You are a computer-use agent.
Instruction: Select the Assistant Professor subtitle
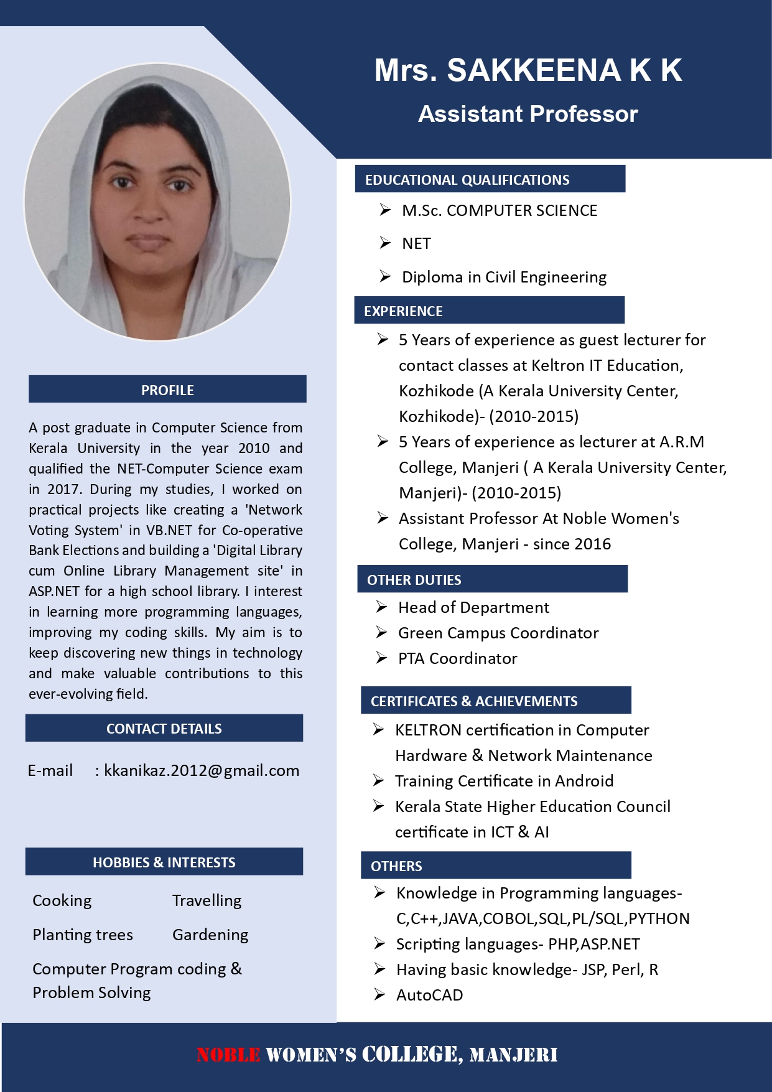[528, 114]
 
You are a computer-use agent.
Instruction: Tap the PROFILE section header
[167, 390]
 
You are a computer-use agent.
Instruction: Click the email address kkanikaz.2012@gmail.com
[202, 771]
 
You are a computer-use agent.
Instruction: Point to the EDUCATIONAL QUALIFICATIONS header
[467, 180]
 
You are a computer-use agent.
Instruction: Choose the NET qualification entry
[416, 244]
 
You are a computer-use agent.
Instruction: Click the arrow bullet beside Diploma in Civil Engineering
[385, 276]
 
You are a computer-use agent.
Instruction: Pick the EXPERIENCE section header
[403, 311]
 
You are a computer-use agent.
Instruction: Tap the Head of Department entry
[473, 607]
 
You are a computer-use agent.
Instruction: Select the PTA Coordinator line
[457, 658]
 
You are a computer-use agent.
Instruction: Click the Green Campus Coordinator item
[498, 633]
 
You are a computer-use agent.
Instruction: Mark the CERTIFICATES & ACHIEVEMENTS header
[474, 701]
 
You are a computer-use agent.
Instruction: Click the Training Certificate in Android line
[504, 781]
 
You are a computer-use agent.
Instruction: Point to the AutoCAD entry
[429, 995]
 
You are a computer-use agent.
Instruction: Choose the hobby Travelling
[207, 900]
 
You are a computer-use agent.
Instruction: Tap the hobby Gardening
[210, 935]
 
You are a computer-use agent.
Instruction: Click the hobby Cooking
[62, 900]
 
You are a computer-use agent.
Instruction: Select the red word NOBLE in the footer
[228, 1055]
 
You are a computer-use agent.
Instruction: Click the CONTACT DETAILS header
[164, 729]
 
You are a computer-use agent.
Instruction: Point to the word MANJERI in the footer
[513, 1055]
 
